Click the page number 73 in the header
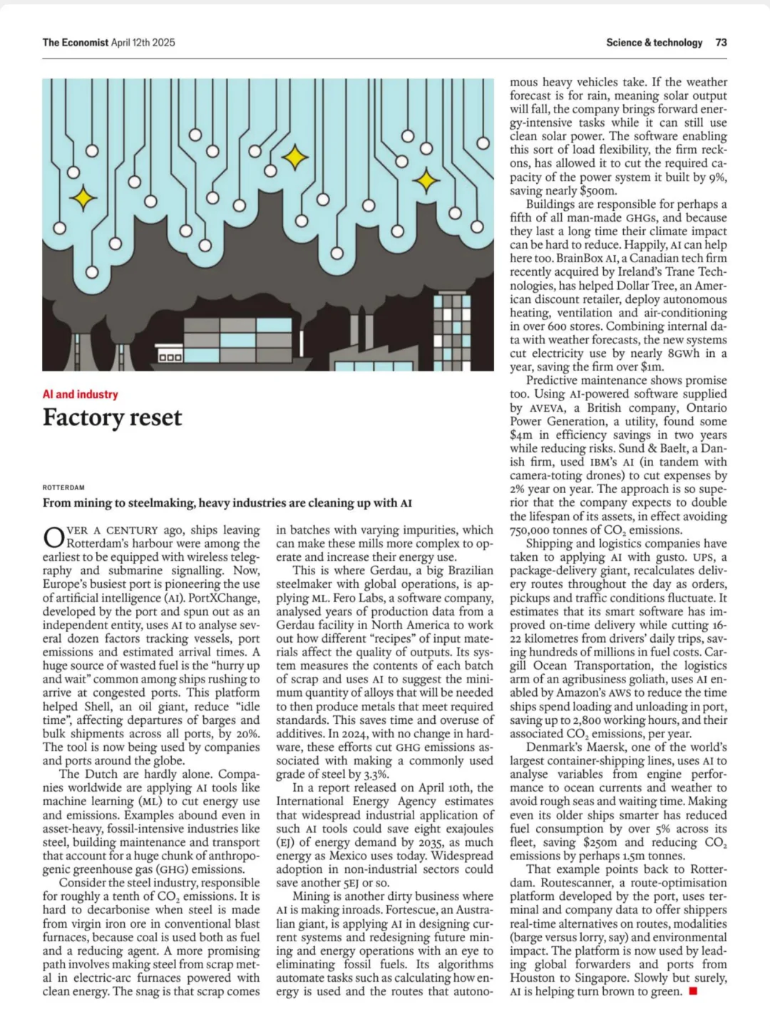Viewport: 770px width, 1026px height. point(721,43)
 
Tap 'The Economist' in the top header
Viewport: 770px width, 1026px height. point(75,43)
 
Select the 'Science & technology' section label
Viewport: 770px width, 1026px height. point(654,43)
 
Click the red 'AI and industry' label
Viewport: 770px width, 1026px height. point(80,394)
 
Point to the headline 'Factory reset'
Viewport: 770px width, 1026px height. point(112,418)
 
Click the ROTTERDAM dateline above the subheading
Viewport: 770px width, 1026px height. point(63,488)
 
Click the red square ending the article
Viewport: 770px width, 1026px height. point(692,991)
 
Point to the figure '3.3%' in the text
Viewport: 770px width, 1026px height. point(375,774)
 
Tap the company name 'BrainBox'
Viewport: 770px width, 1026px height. point(579,258)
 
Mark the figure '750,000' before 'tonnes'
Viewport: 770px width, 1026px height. point(535,529)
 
